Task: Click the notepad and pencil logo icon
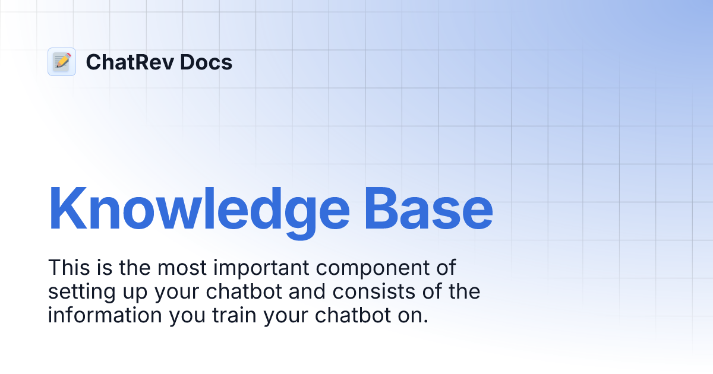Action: coord(62,62)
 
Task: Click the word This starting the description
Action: coord(68,268)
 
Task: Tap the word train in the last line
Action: coord(234,315)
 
